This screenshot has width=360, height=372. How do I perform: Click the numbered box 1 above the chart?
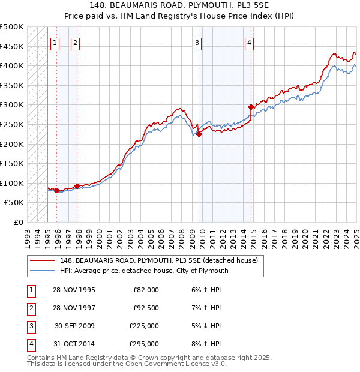pos(55,42)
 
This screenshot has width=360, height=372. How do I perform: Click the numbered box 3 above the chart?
pos(197,42)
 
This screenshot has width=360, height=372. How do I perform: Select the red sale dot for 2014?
pos(251,107)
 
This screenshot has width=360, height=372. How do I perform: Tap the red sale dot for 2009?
pos(199,134)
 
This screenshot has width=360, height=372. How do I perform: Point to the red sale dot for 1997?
pos(77,186)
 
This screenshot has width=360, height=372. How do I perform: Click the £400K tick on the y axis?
pos(13,65)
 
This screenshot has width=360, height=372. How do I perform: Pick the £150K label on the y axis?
pos(13,163)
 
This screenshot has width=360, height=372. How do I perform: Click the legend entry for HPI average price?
pos(143,271)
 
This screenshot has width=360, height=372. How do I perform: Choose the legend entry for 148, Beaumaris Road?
pos(158,260)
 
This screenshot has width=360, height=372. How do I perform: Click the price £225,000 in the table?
pos(145,326)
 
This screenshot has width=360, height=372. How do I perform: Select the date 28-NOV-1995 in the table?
pos(74,290)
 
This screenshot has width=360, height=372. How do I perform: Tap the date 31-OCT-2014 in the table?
pos(74,344)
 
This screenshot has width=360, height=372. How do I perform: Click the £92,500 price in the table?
pos(146,308)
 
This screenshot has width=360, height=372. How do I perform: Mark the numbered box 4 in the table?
pos(30,344)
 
